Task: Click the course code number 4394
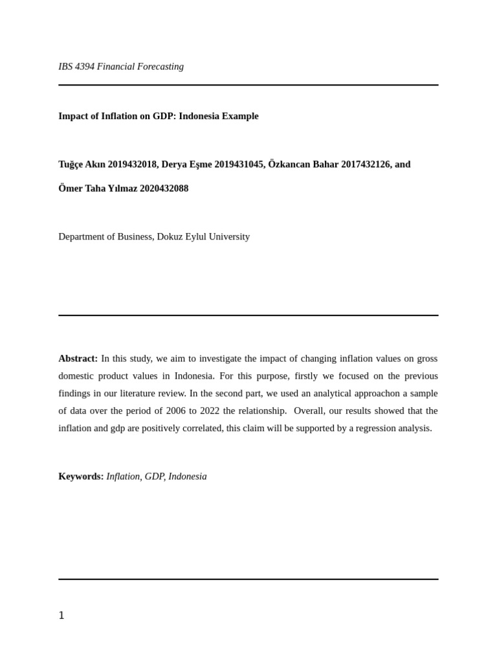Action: coord(85,67)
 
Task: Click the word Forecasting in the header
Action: coord(159,67)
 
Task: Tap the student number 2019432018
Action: coord(133,164)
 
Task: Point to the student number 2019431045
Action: coord(239,164)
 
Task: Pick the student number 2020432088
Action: coord(164,188)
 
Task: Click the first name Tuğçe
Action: coord(71,164)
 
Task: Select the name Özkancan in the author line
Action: coord(289,164)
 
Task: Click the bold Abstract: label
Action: coord(78,359)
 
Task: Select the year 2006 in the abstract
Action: coord(176,410)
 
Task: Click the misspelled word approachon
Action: coord(365,393)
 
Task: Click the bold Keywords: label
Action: coord(81,477)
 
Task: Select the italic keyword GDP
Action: coord(155,477)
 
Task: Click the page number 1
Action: coord(61,616)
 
